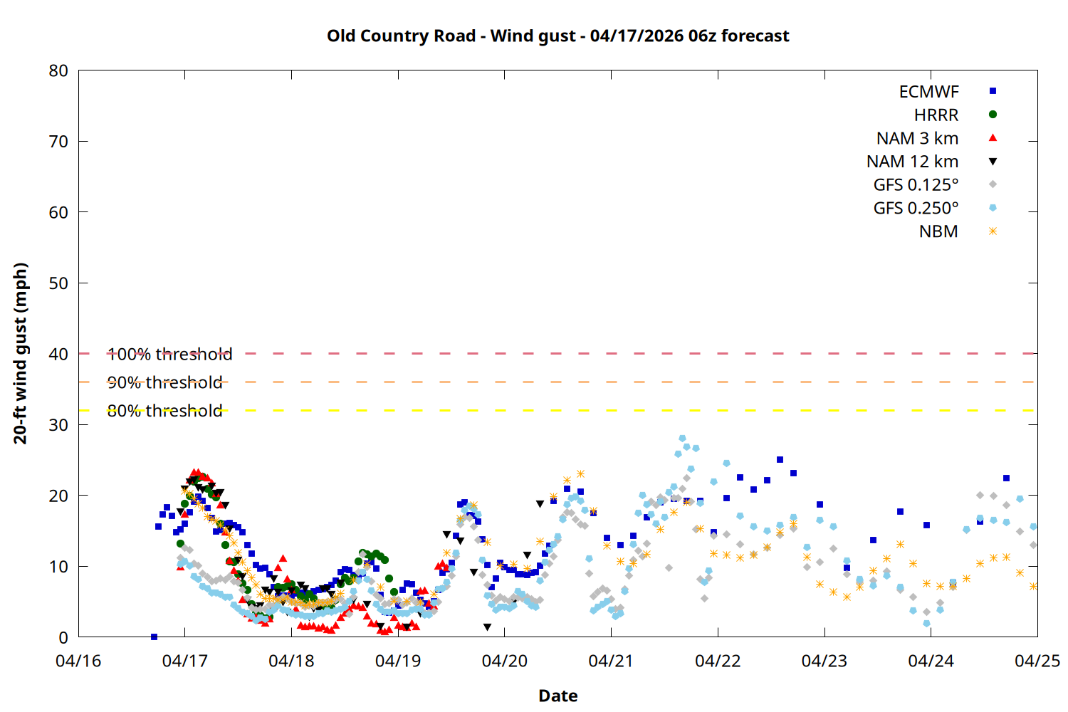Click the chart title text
(x=557, y=36)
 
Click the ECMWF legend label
(x=928, y=92)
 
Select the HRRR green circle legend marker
(x=993, y=115)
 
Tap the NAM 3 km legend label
(x=917, y=138)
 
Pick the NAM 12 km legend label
(x=912, y=162)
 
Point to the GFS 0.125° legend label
(x=916, y=185)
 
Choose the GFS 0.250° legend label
(x=916, y=209)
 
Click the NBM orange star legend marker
(x=993, y=231)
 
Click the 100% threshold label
(x=169, y=354)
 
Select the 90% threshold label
(x=164, y=382)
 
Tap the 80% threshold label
(x=164, y=411)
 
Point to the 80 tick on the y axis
(x=58, y=70)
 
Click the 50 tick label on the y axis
(x=58, y=283)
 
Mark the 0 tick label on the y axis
(x=63, y=637)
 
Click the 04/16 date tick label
(x=78, y=661)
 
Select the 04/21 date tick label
(x=611, y=661)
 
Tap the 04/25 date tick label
(x=1037, y=661)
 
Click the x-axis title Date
(x=557, y=696)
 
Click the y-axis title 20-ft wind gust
(x=21, y=353)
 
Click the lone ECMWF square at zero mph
(x=154, y=637)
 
